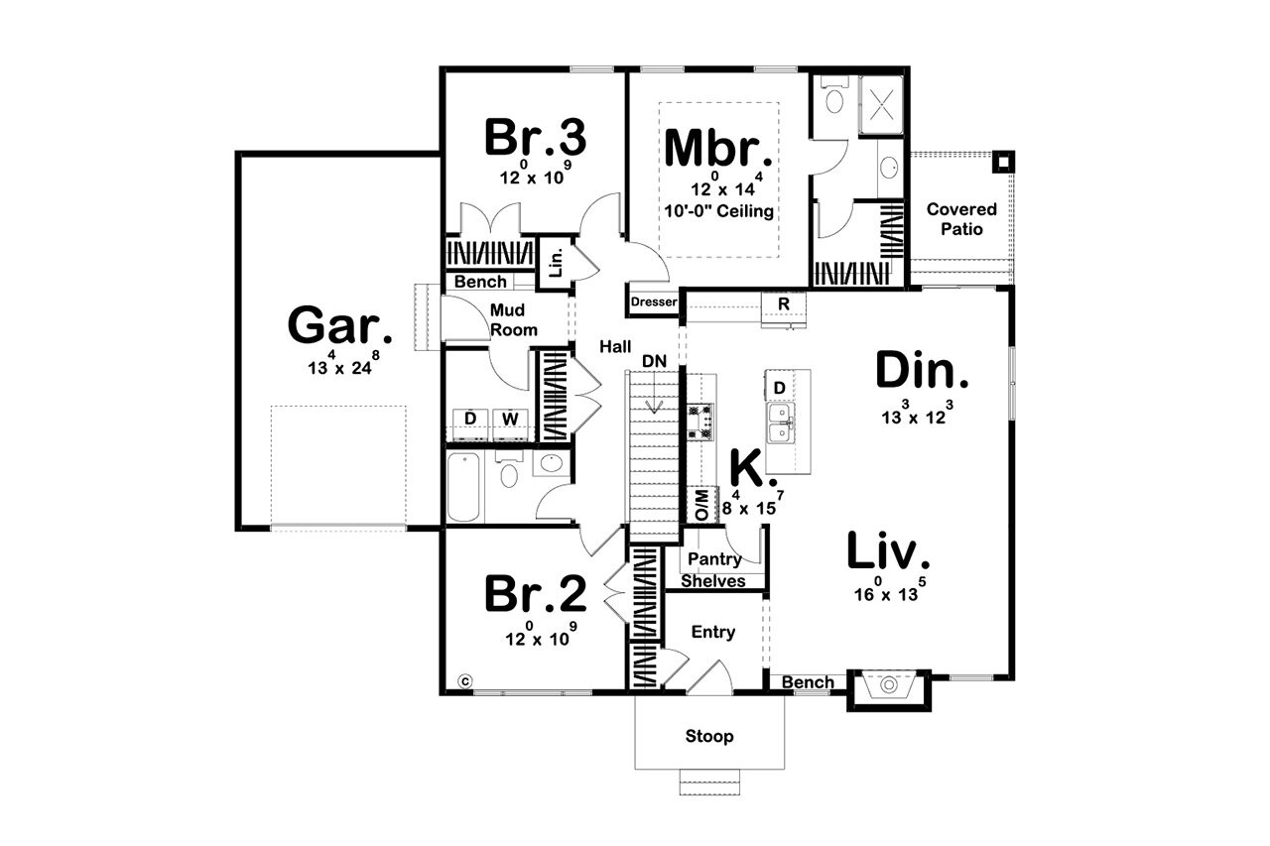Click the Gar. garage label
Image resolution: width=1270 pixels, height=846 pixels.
[x=334, y=325]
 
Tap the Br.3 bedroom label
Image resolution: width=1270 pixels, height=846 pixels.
[x=535, y=138]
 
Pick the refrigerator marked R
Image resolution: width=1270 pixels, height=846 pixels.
[x=783, y=303]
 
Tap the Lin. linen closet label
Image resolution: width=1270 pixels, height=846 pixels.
[x=556, y=263]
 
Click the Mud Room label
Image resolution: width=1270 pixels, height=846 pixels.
[x=513, y=319]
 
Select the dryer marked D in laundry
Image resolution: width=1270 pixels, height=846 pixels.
[x=470, y=419]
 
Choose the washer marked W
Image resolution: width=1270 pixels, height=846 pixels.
[x=509, y=419]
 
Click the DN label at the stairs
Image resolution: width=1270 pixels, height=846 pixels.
[x=653, y=360]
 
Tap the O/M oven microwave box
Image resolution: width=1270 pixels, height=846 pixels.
[x=702, y=505]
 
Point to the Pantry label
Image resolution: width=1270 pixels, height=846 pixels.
[x=714, y=559]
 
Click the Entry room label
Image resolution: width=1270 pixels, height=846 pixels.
[x=712, y=632]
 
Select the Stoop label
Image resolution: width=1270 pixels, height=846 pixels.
[x=709, y=736]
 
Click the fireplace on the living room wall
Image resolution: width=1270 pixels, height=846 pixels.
[x=888, y=687]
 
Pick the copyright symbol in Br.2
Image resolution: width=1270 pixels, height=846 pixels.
[x=464, y=680]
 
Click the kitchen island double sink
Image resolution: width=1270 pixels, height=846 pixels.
[x=779, y=422]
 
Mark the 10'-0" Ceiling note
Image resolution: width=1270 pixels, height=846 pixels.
[x=718, y=211]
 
